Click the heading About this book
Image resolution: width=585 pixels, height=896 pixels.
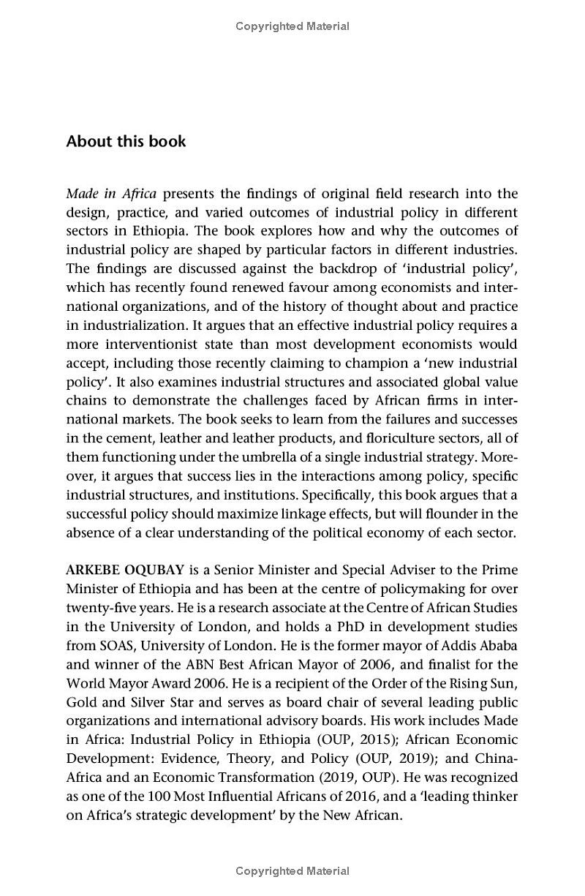[126, 141]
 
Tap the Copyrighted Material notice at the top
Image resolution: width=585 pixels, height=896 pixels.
[292, 26]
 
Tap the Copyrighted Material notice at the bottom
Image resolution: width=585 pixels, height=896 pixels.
[292, 870]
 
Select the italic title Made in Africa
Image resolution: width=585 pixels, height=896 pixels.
[111, 193]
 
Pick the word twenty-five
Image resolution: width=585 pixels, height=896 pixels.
[100, 607]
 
